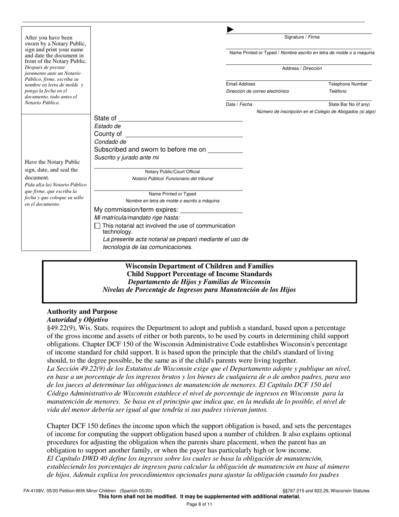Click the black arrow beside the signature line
pyautogui.click(x=230, y=29)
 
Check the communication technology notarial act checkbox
pyautogui.click(x=97, y=226)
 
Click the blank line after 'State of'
pyautogui.click(x=181, y=119)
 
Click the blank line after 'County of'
pyautogui.click(x=184, y=134)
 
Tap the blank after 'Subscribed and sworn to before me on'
pyautogui.click(x=225, y=150)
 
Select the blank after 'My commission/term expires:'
pyautogui.click(x=211, y=210)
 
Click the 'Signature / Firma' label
pyautogui.click(x=302, y=37)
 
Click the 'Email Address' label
pyautogui.click(x=241, y=84)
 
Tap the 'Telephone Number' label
pyautogui.click(x=348, y=84)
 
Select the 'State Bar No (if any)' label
pyautogui.click(x=349, y=105)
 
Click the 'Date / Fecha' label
pyautogui.click(x=239, y=105)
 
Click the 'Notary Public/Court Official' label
pyautogui.click(x=172, y=172)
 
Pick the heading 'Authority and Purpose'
pyautogui.click(x=82, y=312)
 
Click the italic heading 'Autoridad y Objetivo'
pyautogui.click(x=77, y=320)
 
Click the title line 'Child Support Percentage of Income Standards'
pyautogui.click(x=199, y=274)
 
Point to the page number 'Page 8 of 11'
pyautogui.click(x=199, y=504)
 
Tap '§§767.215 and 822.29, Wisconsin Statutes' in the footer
pyautogui.click(x=326, y=491)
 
